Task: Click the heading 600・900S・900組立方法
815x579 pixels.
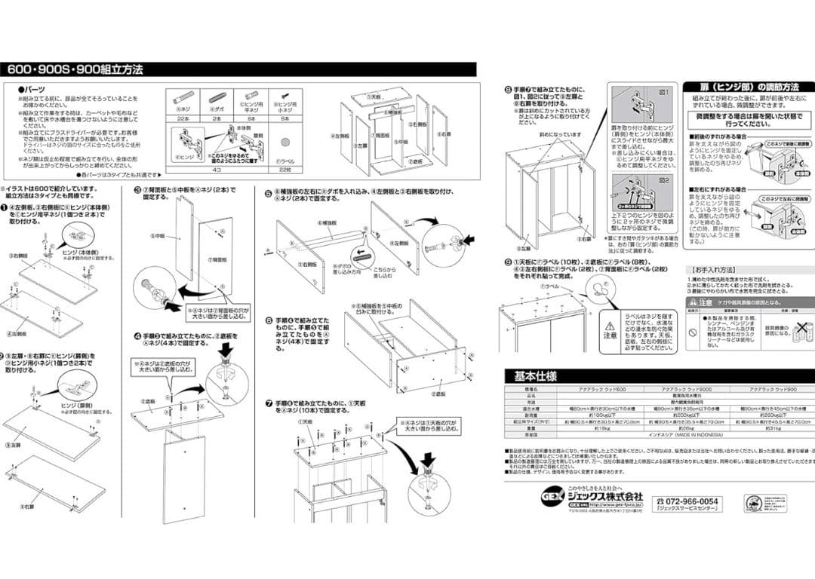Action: point(75,70)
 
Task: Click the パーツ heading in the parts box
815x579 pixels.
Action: point(38,89)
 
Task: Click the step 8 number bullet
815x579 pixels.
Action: point(507,89)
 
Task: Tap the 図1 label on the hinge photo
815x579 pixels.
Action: point(664,92)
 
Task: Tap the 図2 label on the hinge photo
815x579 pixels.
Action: point(664,181)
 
